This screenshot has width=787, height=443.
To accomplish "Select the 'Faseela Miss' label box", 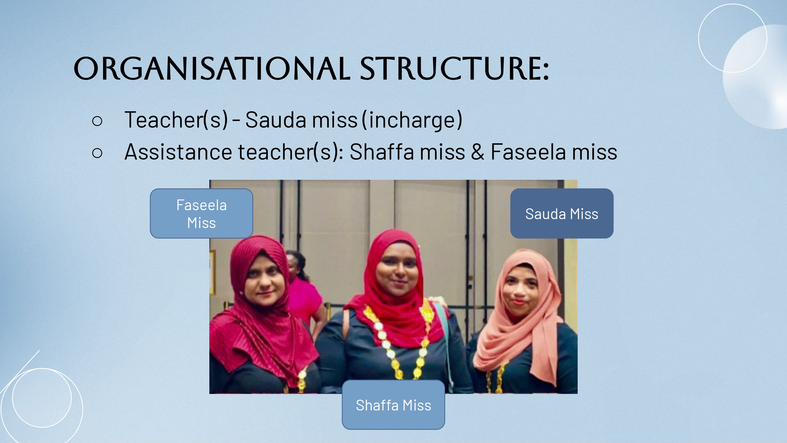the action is [201, 213].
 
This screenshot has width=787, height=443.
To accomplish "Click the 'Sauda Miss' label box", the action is [562, 213].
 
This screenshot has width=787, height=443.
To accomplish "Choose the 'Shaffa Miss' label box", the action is [393, 405].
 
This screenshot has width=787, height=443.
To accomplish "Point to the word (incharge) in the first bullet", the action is [412, 120].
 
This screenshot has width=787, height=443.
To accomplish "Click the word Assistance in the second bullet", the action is [178, 152].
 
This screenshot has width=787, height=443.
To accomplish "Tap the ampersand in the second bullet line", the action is [477, 152].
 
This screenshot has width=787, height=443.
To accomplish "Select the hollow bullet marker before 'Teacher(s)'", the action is [97, 121].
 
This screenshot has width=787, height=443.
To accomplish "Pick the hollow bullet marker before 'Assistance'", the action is [97, 153].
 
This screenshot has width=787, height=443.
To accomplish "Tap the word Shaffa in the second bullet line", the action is [382, 152].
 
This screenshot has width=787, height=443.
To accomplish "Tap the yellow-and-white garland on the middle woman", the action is [397, 342].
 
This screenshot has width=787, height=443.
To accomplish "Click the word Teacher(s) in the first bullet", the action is [176, 120].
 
